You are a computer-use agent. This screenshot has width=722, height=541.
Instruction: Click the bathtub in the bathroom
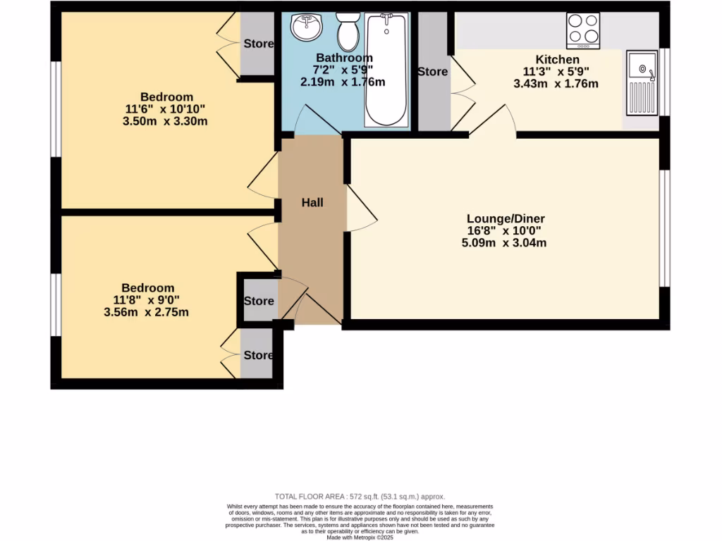point(386,70)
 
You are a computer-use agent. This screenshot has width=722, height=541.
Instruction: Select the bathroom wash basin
point(307,27)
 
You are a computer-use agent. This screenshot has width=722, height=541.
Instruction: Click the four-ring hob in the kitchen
point(583,30)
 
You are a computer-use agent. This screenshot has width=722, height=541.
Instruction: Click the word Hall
point(312,203)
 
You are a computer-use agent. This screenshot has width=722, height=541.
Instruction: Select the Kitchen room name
point(557,60)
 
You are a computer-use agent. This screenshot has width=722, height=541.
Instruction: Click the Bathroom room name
point(343,58)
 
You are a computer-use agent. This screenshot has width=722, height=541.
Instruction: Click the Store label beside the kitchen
point(432,72)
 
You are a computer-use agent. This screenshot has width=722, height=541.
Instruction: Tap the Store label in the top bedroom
point(258,44)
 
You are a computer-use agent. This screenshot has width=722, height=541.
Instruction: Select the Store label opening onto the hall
point(258,301)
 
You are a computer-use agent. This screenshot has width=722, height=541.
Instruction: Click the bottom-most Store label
point(258,355)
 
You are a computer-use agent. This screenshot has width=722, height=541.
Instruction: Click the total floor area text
point(360,497)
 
